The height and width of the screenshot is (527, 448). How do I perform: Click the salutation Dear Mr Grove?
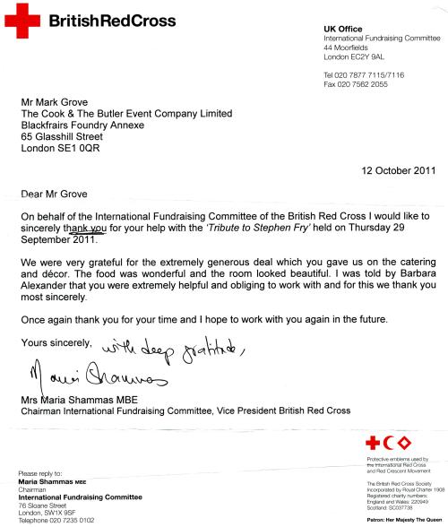click(x=57, y=192)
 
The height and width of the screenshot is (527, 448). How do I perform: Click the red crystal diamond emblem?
click(x=413, y=445)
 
